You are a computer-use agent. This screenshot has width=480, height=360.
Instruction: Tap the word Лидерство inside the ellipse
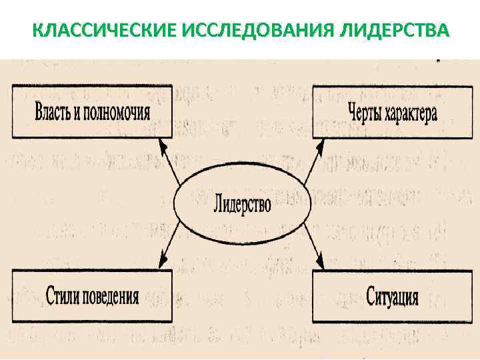pyautogui.click(x=243, y=203)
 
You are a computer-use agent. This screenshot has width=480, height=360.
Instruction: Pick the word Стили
pyautogui.click(x=65, y=295)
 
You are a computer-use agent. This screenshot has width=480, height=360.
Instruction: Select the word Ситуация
pyautogui.click(x=393, y=296)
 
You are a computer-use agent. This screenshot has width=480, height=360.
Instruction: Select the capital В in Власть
pyautogui.click(x=39, y=111)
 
